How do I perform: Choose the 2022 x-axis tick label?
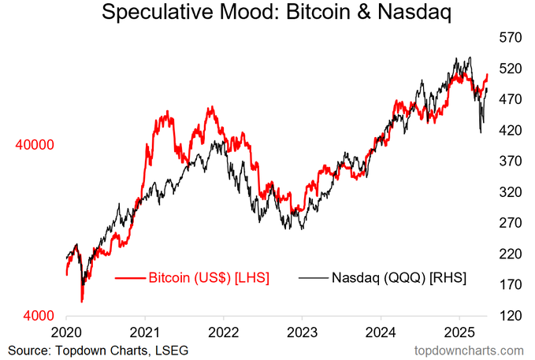click(224, 330)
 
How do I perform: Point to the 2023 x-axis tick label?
click(302, 330)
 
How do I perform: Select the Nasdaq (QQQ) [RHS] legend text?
click(399, 277)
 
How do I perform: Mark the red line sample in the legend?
click(130, 277)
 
